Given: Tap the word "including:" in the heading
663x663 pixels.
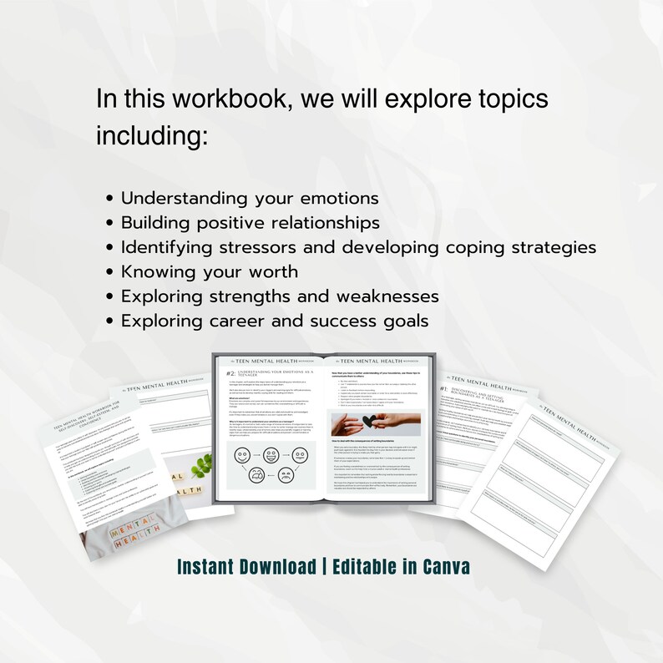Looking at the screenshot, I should pyautogui.click(x=151, y=135).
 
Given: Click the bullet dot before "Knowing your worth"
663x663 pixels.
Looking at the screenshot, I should pyautogui.click(x=111, y=273).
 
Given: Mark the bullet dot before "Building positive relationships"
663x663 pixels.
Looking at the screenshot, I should pyautogui.click(x=111, y=224).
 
